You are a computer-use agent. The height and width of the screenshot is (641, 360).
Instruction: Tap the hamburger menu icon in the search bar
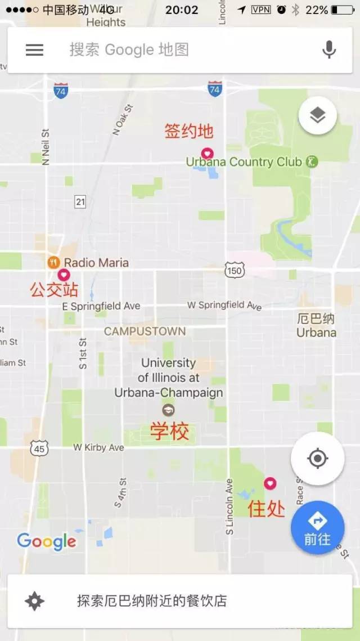pos(34,50)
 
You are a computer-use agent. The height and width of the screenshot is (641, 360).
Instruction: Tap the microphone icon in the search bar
pos(329,50)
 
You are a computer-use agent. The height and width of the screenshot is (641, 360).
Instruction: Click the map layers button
pos(318,116)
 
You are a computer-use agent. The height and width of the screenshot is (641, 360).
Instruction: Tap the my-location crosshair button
pos(317,459)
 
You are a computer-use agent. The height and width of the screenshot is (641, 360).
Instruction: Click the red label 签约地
pos(189,131)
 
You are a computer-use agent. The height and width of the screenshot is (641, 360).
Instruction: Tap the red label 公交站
pos(54,290)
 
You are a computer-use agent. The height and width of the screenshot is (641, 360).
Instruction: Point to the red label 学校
pos(169,432)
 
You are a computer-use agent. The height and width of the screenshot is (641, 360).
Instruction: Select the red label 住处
pos(267,509)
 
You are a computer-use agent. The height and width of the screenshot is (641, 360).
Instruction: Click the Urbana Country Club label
pos(244,162)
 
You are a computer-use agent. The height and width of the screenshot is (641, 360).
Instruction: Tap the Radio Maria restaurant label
pos(96,262)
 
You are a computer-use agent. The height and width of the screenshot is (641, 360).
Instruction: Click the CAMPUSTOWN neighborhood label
pos(145,331)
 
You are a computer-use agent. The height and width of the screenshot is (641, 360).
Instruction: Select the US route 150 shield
pos(234,270)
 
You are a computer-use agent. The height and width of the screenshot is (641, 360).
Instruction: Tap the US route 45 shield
pos(40,449)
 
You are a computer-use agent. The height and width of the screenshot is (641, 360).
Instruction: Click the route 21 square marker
pos(80,201)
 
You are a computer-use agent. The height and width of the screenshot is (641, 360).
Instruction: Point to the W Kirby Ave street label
pos(98,447)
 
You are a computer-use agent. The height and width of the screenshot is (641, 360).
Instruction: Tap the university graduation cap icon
pos(168,410)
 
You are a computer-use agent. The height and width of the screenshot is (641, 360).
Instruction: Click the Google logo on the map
pos(47,541)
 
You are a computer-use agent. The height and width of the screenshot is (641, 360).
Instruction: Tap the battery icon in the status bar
pos(342,10)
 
